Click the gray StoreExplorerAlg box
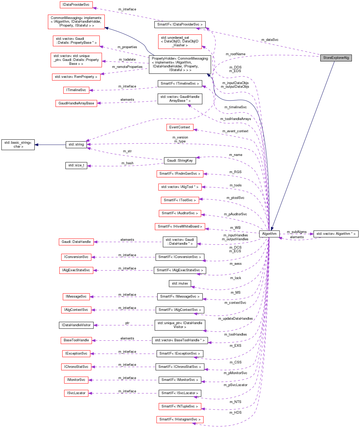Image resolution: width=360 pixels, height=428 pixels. pyautogui.click(x=336, y=58)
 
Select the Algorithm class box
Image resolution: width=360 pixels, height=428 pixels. pyautogui.click(x=269, y=234)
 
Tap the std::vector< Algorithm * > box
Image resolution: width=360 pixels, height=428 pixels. pyautogui.click(x=336, y=234)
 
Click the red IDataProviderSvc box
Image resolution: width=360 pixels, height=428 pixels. pyautogui.click(x=76, y=5)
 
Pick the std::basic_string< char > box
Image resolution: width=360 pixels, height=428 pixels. pyautogui.click(x=18, y=144)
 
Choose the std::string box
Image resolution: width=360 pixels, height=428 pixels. pyautogui.click(x=76, y=144)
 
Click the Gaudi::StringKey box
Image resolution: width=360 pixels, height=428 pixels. pyautogui.click(x=180, y=161)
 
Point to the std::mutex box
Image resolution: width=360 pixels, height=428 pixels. pyautogui.click(x=180, y=284)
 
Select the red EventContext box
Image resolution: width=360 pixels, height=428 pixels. pyautogui.click(x=180, y=127)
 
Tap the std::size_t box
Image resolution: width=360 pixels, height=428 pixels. pyautogui.click(x=76, y=165)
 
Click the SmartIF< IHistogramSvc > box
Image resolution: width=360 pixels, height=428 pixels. pyautogui.click(x=180, y=419)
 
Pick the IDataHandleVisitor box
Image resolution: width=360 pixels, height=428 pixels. pyautogui.click(x=76, y=325)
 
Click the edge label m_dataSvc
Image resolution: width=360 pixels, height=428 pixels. pyautogui.click(x=270, y=40)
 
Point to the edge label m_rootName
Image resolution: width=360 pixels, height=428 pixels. pyautogui.click(x=235, y=54)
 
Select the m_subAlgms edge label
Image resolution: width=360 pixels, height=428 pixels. pyautogui.click(x=297, y=232)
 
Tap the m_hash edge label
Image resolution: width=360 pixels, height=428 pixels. pyautogui.click(x=127, y=163)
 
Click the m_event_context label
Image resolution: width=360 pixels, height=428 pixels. pyautogui.click(x=235, y=131)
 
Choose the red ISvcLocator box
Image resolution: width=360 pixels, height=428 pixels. pyautogui.click(x=76, y=393)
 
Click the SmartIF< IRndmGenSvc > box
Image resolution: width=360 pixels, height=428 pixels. pyautogui.click(x=180, y=174)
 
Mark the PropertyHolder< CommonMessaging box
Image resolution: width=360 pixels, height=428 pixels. pyautogui.click(x=180, y=64)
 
